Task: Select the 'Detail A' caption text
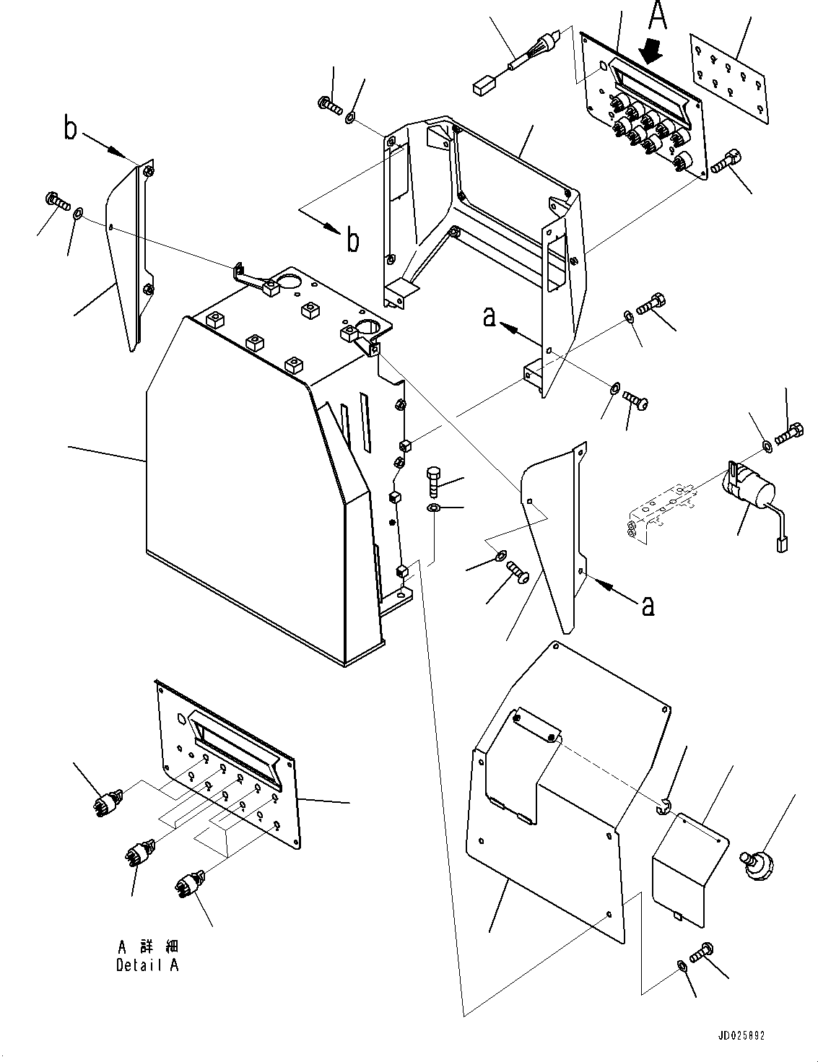click(x=147, y=958)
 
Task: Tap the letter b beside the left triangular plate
click(x=71, y=130)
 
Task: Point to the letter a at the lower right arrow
click(x=648, y=606)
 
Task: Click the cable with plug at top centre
click(x=518, y=63)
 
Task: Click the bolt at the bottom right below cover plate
click(x=701, y=952)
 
